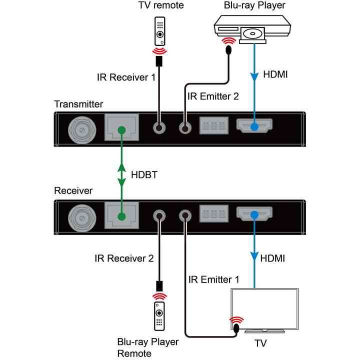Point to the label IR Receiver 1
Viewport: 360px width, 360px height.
tap(126, 77)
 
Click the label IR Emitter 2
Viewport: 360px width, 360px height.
tap(212, 96)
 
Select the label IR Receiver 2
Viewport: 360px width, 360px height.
tap(124, 258)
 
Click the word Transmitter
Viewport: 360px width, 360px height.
tap(78, 104)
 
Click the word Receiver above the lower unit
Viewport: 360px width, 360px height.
tap(73, 190)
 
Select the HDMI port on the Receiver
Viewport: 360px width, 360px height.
tap(254, 214)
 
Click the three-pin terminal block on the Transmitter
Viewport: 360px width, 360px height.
tap(214, 126)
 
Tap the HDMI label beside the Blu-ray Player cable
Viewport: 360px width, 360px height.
tap(275, 75)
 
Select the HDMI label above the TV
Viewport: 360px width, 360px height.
tap(273, 258)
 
